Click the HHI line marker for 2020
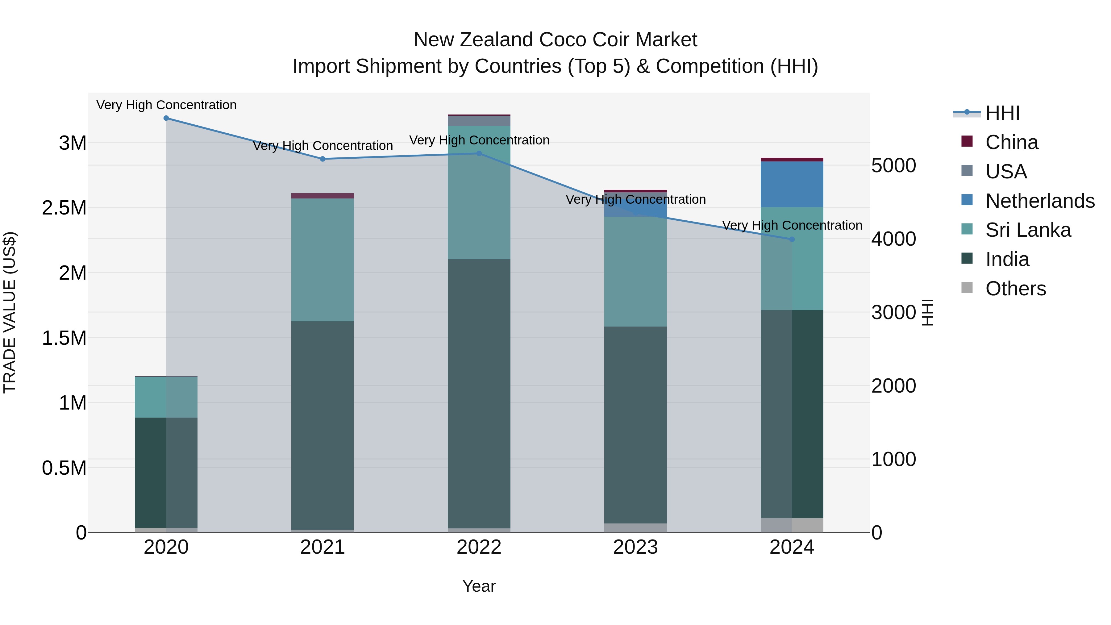tap(166, 118)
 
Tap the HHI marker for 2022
tap(479, 154)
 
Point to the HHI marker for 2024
tap(792, 239)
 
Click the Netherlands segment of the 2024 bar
tap(792, 184)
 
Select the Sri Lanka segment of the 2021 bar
tap(322, 260)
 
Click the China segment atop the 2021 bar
tap(322, 196)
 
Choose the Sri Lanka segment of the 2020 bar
tap(166, 397)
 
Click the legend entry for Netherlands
tap(1039, 201)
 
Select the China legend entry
tap(1011, 142)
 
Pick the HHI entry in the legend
tap(1002, 113)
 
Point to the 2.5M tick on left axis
tap(64, 208)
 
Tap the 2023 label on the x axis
tap(635, 547)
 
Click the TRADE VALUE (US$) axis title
tap(10, 312)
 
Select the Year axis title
tap(479, 586)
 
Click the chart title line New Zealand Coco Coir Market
tap(555, 40)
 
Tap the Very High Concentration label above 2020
tap(166, 105)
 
